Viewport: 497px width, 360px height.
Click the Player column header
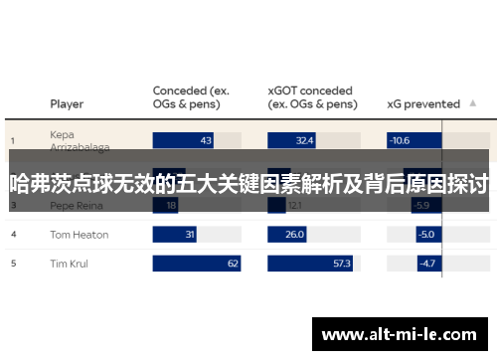(67, 103)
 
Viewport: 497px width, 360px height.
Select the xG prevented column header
(422, 103)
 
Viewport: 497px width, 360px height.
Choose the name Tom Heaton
(80, 235)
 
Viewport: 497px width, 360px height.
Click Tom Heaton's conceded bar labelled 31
(175, 235)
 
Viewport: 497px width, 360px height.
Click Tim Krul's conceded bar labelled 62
(197, 264)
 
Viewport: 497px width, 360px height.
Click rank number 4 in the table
(14, 235)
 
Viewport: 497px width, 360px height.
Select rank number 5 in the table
(14, 264)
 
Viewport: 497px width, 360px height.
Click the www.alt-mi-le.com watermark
(400, 335)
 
